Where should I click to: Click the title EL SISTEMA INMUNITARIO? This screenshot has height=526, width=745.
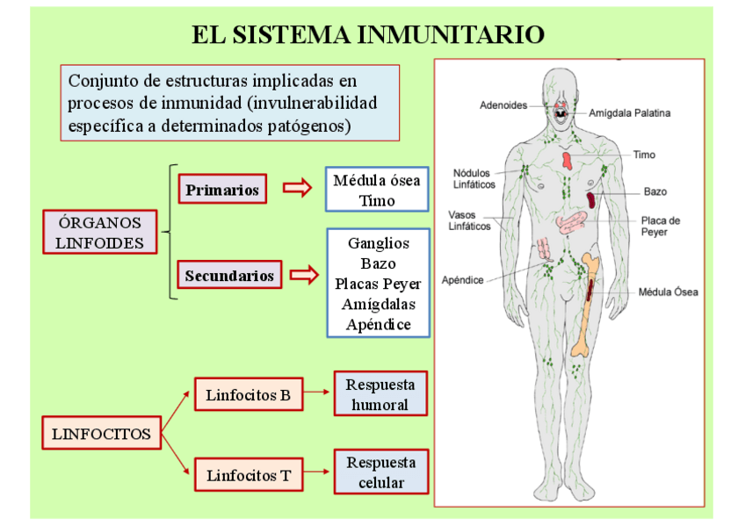[x=368, y=35]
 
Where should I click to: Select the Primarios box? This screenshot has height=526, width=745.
[x=222, y=190]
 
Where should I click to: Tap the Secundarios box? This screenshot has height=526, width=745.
[x=229, y=276]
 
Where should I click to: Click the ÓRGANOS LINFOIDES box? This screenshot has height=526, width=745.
[x=99, y=233]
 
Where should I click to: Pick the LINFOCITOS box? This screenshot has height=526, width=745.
[x=101, y=434]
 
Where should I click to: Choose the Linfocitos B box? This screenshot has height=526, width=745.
[x=248, y=395]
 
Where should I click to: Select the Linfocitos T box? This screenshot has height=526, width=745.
[x=248, y=476]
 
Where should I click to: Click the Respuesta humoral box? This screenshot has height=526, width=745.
[x=380, y=395]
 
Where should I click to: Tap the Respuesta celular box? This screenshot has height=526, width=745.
[x=380, y=472]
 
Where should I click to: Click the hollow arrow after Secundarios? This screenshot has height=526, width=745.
[x=304, y=276]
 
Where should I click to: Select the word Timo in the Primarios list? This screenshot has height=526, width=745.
[x=376, y=200]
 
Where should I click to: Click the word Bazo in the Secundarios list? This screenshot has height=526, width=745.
[x=378, y=263]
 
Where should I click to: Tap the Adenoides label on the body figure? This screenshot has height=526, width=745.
[x=503, y=105]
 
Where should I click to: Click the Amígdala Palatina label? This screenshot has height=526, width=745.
[x=629, y=113]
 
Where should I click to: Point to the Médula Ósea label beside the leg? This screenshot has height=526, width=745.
[x=668, y=292]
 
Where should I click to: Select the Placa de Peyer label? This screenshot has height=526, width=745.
[x=661, y=227]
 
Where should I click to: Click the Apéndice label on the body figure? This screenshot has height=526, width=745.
[x=463, y=280]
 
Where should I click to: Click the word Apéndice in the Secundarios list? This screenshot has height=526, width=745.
[x=378, y=324]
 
